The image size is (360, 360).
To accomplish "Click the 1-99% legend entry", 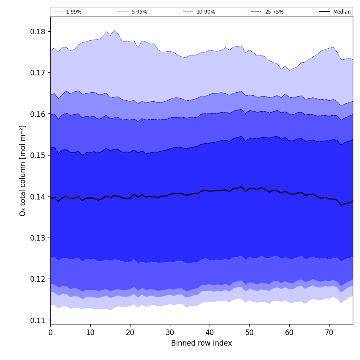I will (73, 12).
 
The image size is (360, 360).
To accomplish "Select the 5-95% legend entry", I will (139, 12).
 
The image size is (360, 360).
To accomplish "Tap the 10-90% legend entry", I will (205, 12).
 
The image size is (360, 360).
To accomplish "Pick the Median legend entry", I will (341, 12).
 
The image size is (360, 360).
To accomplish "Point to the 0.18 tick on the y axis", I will (38, 32).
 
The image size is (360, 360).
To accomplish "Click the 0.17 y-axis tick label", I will (38, 73).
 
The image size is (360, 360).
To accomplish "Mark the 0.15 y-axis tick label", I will (38, 155).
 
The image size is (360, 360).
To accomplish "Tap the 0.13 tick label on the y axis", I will (38, 238).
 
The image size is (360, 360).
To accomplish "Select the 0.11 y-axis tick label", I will (38, 321).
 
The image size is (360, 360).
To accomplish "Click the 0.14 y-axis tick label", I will (38, 197).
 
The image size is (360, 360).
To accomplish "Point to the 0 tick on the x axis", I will (50, 332).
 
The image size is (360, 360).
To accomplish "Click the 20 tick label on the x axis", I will (130, 332).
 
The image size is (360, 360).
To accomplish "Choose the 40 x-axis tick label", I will (210, 332).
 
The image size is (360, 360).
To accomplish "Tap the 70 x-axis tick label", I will (329, 332).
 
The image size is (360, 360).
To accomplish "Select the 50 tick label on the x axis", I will (249, 332).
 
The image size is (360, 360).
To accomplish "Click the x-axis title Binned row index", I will (202, 343).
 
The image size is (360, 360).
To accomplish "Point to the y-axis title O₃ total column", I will (23, 170).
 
